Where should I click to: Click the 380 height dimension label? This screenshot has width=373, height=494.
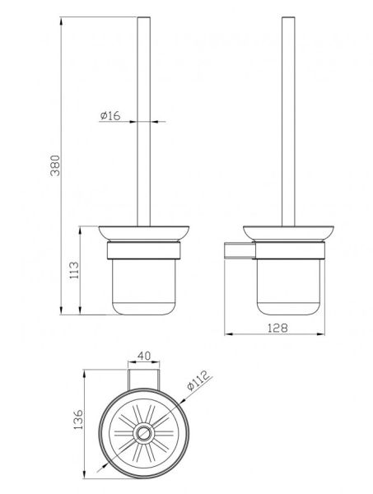[55, 165]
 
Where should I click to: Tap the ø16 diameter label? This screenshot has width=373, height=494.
[110, 115]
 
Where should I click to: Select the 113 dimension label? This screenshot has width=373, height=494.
[74, 270]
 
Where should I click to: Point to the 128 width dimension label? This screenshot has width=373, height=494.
[277, 328]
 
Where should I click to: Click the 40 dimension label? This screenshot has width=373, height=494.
[144, 356]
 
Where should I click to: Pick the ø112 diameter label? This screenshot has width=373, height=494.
[198, 380]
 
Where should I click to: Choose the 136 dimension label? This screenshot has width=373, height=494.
[78, 419]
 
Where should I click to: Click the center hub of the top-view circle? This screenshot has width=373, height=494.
[144, 433]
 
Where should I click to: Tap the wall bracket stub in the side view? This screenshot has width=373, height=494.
[240, 251]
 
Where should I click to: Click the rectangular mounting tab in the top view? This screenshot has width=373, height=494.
[144, 380]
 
